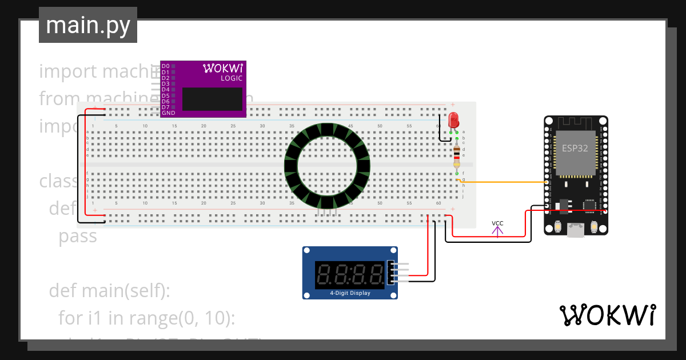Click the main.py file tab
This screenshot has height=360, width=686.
click(x=87, y=25)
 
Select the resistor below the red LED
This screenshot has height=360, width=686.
click(x=456, y=157)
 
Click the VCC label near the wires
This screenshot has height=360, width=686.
click(x=497, y=223)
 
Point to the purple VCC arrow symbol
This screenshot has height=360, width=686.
click(x=497, y=231)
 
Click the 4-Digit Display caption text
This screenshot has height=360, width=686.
click(x=350, y=293)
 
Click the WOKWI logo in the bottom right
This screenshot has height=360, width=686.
click(x=607, y=315)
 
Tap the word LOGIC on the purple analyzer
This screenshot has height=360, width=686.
click(x=232, y=78)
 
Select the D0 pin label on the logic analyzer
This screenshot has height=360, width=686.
click(x=165, y=66)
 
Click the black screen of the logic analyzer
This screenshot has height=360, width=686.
click(x=212, y=99)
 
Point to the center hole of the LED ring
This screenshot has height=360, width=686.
click(x=328, y=166)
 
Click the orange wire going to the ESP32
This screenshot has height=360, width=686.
click(x=503, y=182)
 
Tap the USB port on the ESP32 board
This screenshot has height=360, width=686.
click(x=576, y=230)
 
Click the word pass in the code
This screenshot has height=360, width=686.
click(x=78, y=237)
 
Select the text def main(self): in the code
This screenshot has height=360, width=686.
click(x=110, y=290)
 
